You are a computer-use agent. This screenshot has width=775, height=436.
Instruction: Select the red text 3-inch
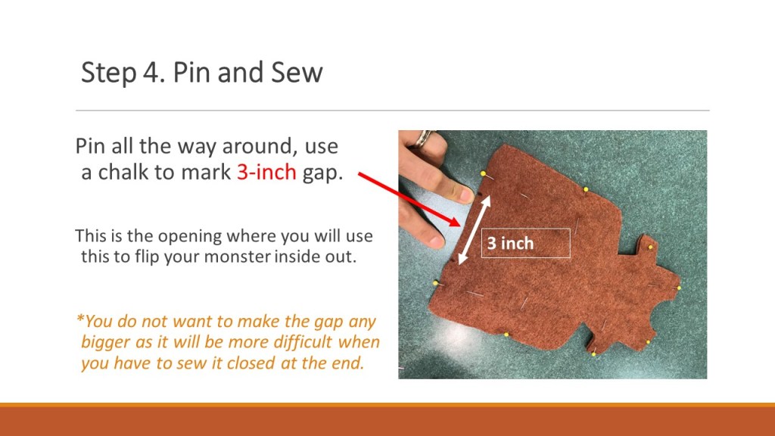[x=266, y=172]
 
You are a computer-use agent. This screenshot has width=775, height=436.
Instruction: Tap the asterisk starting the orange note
[x=80, y=319]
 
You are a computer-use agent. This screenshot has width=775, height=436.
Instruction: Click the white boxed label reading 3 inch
[x=526, y=243]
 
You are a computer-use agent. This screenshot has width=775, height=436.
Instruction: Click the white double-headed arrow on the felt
[x=474, y=230]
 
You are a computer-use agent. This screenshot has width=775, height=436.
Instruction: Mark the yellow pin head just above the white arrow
[x=483, y=173]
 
